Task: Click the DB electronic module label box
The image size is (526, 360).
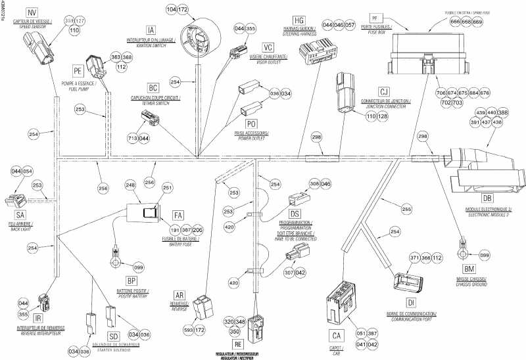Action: pos(487,198)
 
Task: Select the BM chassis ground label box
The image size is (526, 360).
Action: pos(469,270)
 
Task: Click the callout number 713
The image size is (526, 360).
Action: pos(133,139)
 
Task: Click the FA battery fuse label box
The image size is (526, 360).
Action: pos(178,215)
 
